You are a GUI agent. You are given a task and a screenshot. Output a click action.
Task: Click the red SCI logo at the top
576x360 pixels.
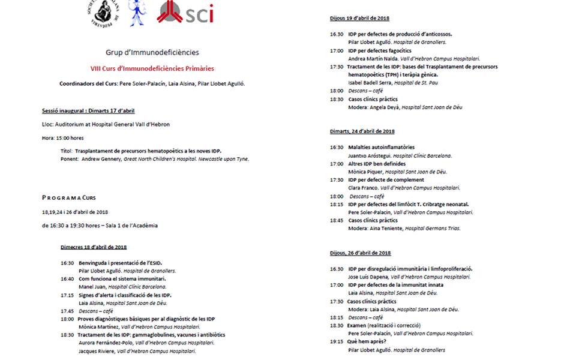click(185, 13)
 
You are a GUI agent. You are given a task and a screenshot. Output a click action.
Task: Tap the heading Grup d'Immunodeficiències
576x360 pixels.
click(152, 53)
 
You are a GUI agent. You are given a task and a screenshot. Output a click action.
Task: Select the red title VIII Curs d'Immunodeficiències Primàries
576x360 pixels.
click(152, 68)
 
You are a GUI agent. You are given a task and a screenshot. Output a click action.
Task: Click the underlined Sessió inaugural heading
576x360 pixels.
click(88, 110)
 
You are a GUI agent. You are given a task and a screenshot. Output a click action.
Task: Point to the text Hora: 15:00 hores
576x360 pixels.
click(63, 138)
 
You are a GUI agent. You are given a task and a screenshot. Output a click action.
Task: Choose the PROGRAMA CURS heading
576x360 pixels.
click(69, 197)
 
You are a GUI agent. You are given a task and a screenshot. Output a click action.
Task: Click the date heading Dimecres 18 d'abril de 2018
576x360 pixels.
click(94, 247)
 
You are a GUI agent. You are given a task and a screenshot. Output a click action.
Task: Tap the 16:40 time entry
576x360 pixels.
click(67, 279)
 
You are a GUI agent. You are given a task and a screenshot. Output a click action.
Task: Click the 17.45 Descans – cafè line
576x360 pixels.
click(87, 311)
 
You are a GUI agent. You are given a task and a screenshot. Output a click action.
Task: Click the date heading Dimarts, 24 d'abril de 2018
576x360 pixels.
click(362, 131)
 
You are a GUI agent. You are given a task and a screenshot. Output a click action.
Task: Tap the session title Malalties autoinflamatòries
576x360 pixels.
click(381, 147)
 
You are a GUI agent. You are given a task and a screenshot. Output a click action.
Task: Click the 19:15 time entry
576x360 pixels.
click(337, 341)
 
